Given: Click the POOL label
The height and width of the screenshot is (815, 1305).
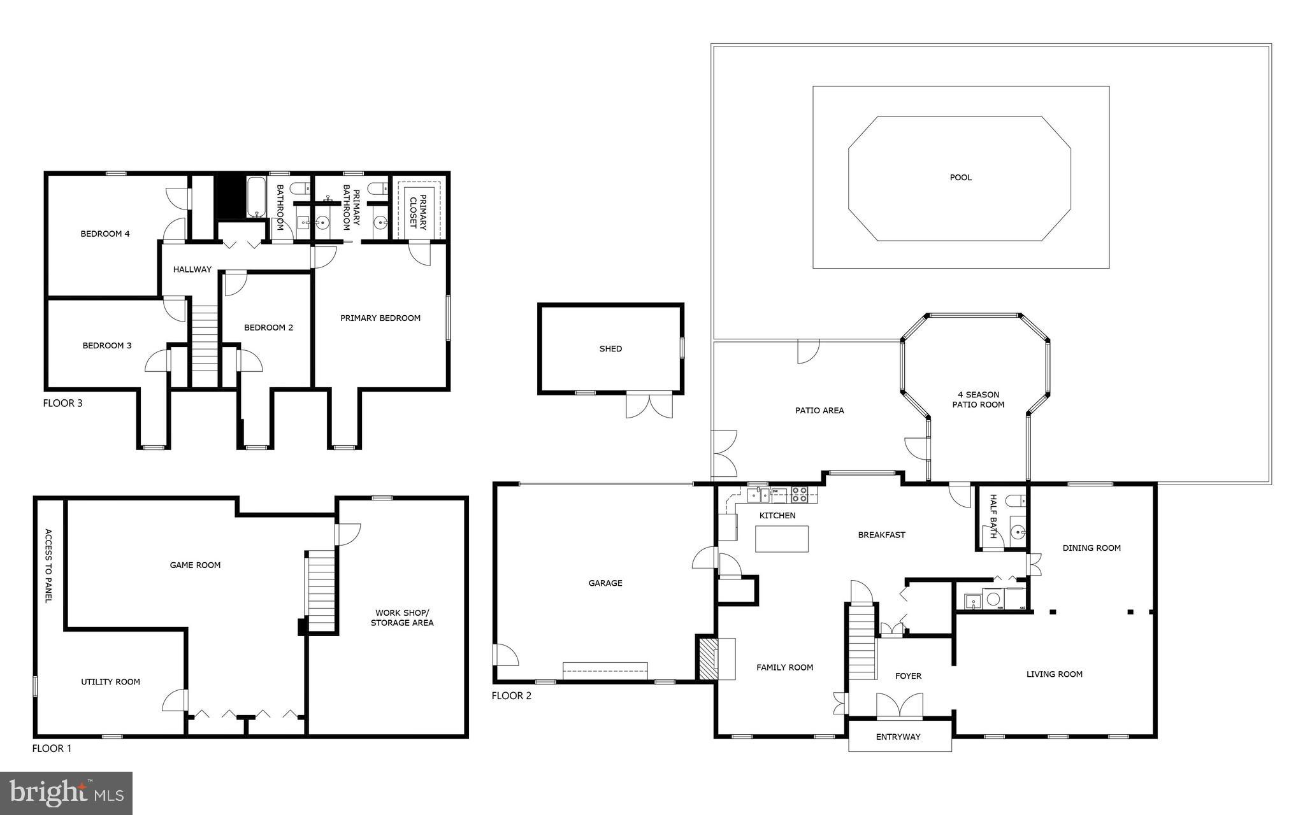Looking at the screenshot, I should pyautogui.click(x=961, y=178).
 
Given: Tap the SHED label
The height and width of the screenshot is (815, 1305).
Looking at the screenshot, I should pyautogui.click(x=610, y=349).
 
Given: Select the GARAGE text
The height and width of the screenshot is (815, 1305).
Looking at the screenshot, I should pyautogui.click(x=605, y=583).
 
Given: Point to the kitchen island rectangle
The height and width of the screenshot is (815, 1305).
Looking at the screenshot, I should pyautogui.click(x=781, y=539).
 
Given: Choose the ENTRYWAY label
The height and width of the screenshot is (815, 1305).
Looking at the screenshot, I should pyautogui.click(x=898, y=737).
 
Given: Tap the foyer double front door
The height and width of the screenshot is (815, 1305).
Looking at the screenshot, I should pyautogui.click(x=899, y=707).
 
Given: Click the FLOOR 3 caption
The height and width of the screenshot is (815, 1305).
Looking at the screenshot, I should pyautogui.click(x=62, y=403).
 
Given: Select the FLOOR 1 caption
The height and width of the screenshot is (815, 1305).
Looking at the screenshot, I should pyautogui.click(x=52, y=749).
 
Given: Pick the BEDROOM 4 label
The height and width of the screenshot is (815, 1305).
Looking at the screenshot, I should pyautogui.click(x=105, y=234).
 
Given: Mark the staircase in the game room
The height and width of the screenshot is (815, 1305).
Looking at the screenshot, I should pyautogui.click(x=321, y=592).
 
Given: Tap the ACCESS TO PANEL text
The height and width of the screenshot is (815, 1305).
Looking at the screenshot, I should pyautogui.click(x=48, y=565).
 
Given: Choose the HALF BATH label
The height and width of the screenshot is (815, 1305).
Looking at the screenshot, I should pyautogui.click(x=993, y=516).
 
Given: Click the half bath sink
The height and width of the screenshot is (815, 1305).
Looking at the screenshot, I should pyautogui.click(x=1018, y=532).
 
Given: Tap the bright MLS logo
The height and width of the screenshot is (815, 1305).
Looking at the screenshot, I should pyautogui.click(x=66, y=793).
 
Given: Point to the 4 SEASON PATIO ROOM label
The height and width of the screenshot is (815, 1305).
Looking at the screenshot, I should pyautogui.click(x=978, y=400).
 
